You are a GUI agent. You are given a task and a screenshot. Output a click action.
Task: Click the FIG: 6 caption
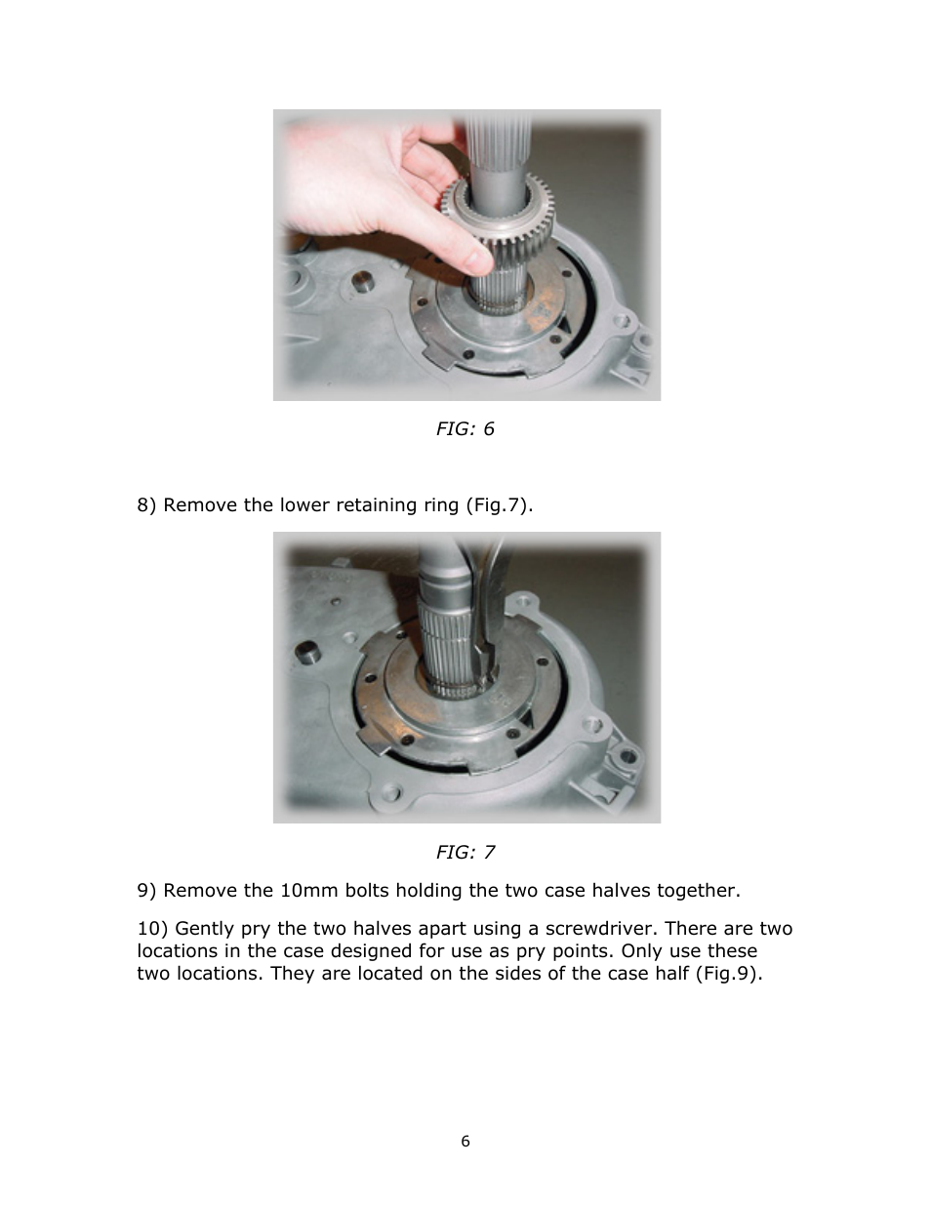[x=465, y=429]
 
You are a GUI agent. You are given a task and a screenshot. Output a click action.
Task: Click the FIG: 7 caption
[x=465, y=853]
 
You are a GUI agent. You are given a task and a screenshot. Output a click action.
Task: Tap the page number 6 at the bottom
[x=465, y=1142]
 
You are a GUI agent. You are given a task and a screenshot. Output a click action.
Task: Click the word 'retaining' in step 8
[x=374, y=505]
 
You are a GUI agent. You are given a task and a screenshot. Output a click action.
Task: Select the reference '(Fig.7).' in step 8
[x=501, y=505]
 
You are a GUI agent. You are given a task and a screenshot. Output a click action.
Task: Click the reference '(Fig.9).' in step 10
[x=728, y=974]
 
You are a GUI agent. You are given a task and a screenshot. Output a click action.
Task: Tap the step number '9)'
[x=146, y=891]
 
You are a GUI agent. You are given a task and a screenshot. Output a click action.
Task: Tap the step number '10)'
[x=151, y=929]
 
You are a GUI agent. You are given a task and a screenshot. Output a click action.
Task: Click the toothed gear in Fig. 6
[x=498, y=215]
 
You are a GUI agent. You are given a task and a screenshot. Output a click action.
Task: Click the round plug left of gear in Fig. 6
[x=363, y=284]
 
